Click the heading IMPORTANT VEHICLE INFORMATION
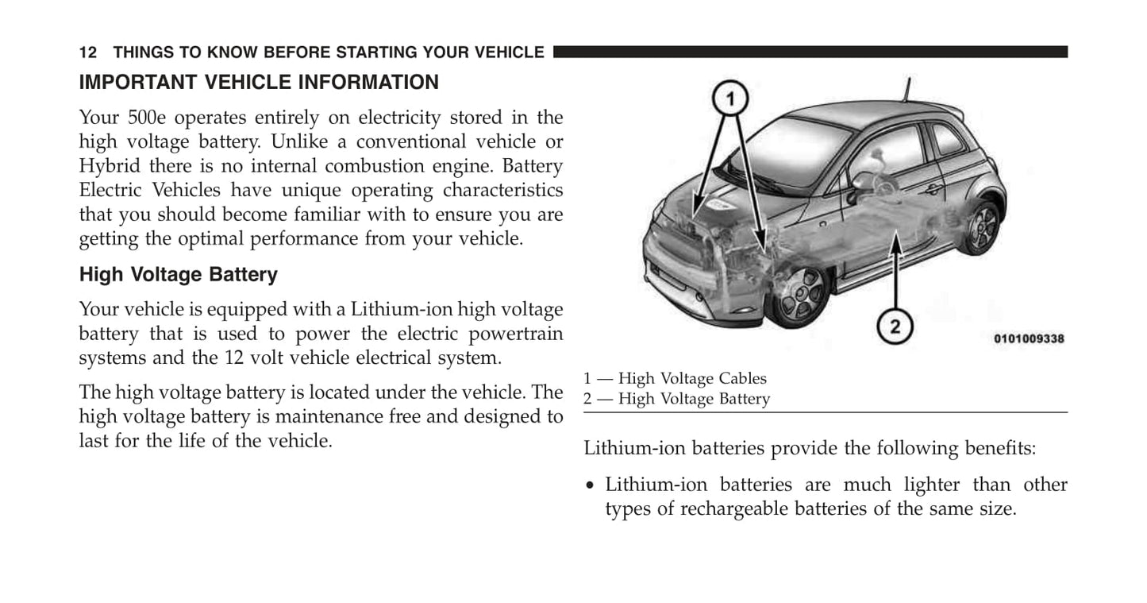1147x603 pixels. point(259,83)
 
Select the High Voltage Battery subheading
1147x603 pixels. point(179,276)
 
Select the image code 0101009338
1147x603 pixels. point(1029,338)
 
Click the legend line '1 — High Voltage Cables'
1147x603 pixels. point(675,379)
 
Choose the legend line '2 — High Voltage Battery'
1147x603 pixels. point(677,399)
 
